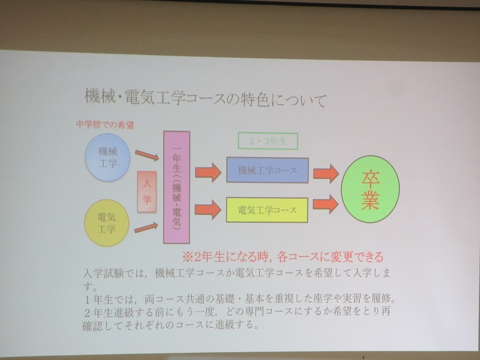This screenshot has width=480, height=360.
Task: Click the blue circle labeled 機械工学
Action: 108,157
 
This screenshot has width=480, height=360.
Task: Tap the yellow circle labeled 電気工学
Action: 106,223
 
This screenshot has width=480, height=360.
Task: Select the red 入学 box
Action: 147,191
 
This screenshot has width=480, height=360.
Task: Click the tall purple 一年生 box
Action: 177,187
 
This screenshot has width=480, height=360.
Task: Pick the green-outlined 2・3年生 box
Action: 268,141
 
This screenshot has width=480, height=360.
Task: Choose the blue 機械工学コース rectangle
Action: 267,170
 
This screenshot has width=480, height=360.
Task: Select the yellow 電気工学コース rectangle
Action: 267,210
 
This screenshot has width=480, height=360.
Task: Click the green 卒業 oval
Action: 371,189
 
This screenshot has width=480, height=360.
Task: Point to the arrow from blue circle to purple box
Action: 147,155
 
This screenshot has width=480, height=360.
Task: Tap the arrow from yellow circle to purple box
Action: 146,228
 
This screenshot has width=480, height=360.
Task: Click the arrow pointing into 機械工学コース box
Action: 208,172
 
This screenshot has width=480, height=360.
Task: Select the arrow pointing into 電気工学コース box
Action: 208,209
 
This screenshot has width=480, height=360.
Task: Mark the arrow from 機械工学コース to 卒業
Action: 326,173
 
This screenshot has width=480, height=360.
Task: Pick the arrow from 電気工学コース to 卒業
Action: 325,204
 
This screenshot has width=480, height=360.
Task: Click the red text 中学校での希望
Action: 105,125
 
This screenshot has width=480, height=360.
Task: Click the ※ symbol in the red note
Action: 187,257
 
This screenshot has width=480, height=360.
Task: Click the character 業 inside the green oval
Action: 371,200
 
